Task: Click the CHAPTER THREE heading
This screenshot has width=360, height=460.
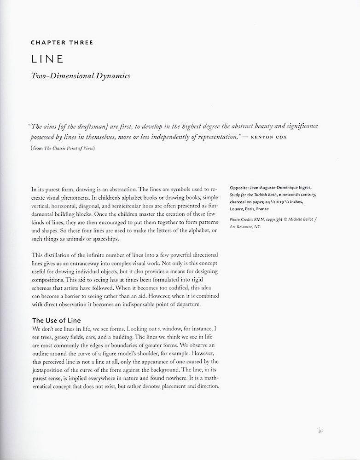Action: [x=62, y=42]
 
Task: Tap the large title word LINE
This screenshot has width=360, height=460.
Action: [x=47, y=59]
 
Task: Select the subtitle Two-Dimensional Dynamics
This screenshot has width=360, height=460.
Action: [x=81, y=76]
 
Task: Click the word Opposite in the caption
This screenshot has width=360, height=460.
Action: [x=239, y=188]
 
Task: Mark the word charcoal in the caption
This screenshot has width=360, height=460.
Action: [x=239, y=201]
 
